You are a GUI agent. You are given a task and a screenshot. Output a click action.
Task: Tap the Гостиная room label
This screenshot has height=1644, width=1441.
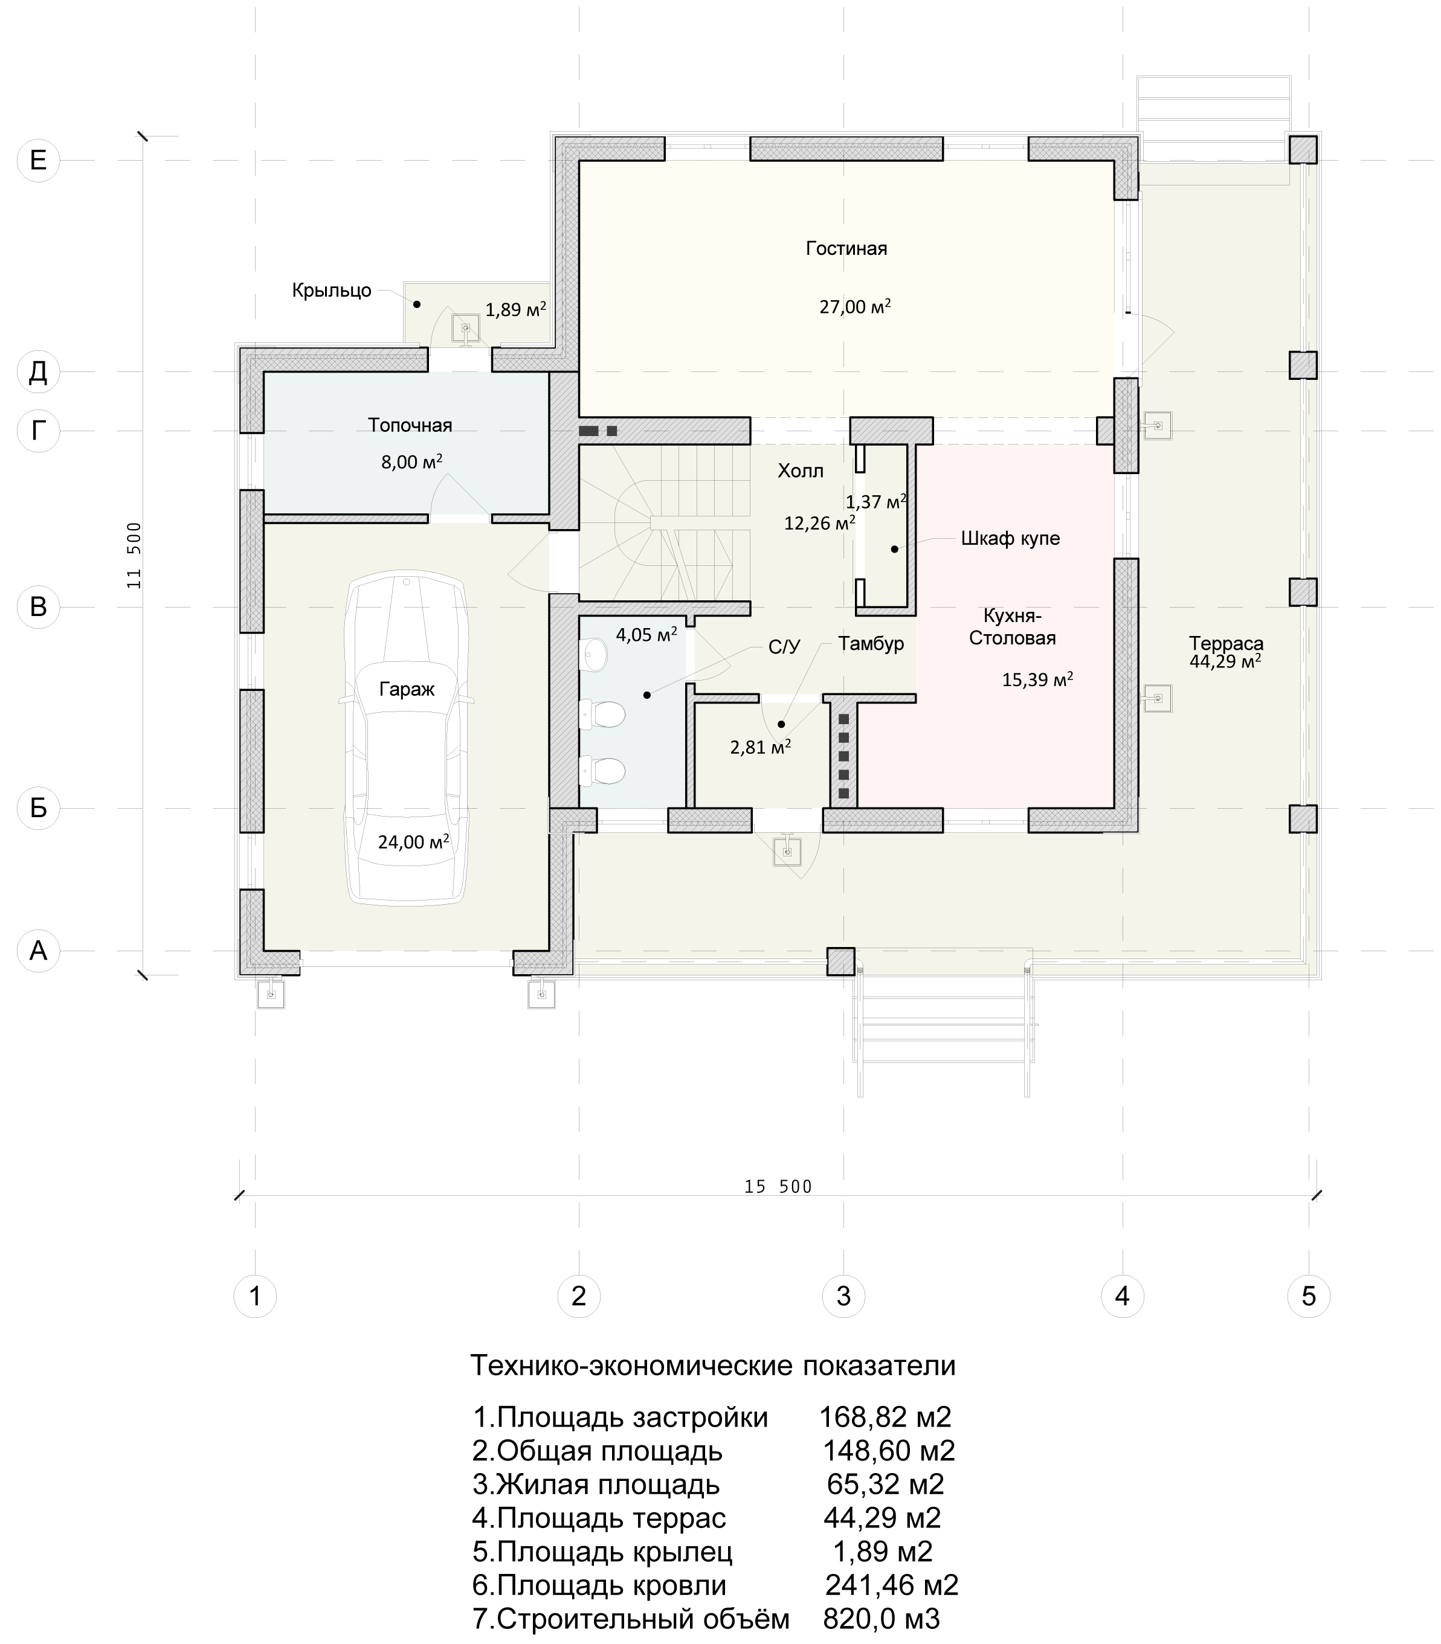(846, 248)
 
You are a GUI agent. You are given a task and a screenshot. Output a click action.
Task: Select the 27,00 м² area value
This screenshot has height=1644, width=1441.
(855, 306)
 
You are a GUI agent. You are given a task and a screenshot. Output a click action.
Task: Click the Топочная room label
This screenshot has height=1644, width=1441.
(410, 425)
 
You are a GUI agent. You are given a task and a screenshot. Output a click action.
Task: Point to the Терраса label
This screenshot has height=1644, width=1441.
(1227, 643)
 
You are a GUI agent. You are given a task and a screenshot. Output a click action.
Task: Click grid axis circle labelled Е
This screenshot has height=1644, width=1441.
(38, 160)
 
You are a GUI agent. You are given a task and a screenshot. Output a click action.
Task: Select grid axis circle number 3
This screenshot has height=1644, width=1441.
(843, 1297)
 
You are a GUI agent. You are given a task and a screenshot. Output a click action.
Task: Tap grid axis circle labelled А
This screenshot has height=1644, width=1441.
(38, 951)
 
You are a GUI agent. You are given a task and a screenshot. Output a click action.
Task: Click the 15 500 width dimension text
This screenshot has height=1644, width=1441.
(778, 1187)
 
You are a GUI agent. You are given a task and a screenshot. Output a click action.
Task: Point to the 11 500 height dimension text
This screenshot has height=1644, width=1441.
(134, 556)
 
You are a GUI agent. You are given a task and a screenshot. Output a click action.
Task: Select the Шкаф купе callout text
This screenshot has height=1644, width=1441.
(1010, 539)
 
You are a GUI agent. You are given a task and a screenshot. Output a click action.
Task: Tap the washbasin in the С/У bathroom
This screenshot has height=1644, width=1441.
(595, 655)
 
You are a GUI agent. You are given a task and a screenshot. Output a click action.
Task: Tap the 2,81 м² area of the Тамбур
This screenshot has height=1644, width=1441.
(761, 747)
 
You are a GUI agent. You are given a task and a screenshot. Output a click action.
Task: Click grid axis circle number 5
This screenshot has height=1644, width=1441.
(1309, 1297)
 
